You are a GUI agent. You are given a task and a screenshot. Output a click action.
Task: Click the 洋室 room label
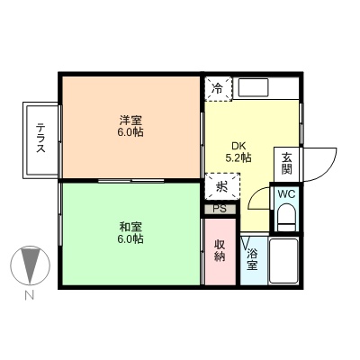pyautogui.click(x=130, y=120)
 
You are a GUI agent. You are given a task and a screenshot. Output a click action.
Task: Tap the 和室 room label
pyautogui.click(x=130, y=226)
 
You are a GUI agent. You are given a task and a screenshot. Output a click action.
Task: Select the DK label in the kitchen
pyautogui.click(x=238, y=146)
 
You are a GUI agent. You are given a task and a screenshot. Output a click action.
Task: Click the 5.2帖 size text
pyautogui.click(x=238, y=158)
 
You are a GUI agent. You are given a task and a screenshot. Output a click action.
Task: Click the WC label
pyautogui.click(x=285, y=194)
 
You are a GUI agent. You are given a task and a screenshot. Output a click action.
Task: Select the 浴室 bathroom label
pyautogui.click(x=253, y=259)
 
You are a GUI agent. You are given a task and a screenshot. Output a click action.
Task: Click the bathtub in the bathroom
pyautogui.click(x=283, y=261)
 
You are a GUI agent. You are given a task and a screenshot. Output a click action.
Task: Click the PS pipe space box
pyautogui.click(x=219, y=209)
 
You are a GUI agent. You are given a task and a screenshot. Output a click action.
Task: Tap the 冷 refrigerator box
pyautogui.click(x=217, y=88)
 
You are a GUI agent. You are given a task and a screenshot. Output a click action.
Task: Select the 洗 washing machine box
pyautogui.click(x=221, y=186)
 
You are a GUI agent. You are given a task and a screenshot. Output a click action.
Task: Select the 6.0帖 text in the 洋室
pyautogui.click(x=130, y=132)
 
